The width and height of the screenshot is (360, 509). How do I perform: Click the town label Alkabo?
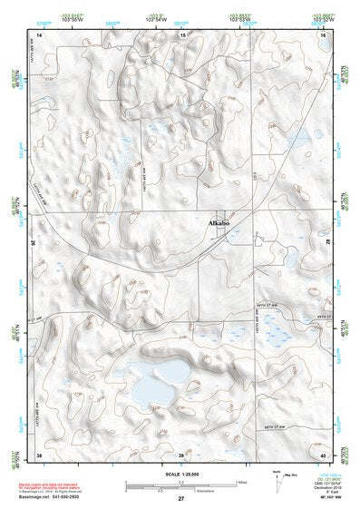pyautogui.click(x=219, y=222)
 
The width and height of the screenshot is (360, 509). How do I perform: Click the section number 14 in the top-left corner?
pyautogui.click(x=39, y=34)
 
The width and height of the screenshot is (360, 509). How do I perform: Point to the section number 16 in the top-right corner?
pyautogui.click(x=323, y=34)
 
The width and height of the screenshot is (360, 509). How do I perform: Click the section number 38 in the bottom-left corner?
pyautogui.click(x=39, y=454)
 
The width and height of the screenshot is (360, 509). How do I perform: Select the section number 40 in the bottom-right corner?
pyautogui.click(x=323, y=454)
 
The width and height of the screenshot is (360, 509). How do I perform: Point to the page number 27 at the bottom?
pyautogui.click(x=180, y=500)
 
